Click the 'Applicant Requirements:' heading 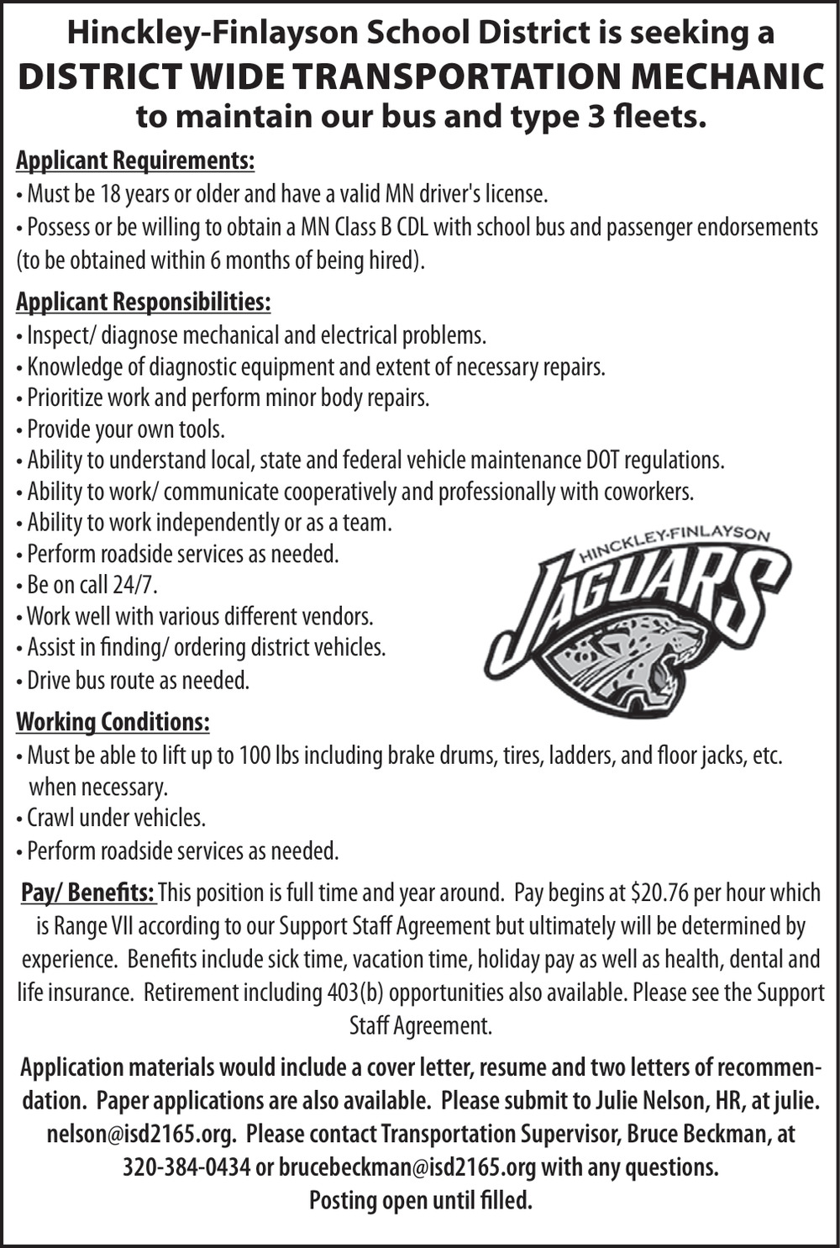pyautogui.click(x=134, y=160)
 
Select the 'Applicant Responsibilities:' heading pyautogui.click(x=143, y=302)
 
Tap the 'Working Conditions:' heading pyautogui.click(x=113, y=722)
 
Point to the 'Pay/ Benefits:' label pyautogui.click(x=88, y=892)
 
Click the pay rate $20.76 pyautogui.click(x=655, y=892)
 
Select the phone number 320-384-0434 pyautogui.click(x=186, y=1167)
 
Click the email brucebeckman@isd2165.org pyautogui.click(x=407, y=1167)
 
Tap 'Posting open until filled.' pyautogui.click(x=420, y=1200)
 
